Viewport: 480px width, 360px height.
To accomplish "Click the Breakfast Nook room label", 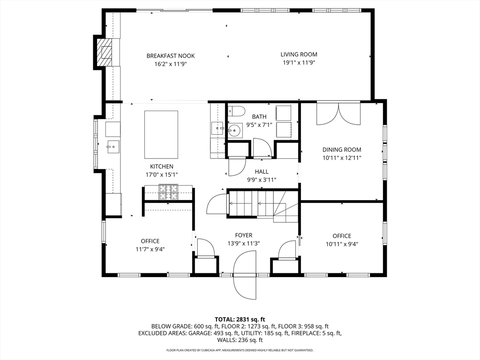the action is point(171,56).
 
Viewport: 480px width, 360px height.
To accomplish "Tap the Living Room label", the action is point(299,54).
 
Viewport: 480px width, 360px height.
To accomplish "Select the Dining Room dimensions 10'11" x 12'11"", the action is point(342,158).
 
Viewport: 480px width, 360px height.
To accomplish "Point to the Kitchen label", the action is point(162,166).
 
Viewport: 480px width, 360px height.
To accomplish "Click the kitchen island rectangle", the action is point(161,135).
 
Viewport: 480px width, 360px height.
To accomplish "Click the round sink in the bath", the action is point(234,131).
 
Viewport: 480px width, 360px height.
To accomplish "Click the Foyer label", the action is point(244,235).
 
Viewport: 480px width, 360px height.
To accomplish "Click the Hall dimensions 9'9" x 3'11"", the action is point(262,180).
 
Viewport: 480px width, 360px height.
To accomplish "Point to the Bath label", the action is point(259,117).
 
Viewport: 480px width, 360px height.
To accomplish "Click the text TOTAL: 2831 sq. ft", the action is point(240,320).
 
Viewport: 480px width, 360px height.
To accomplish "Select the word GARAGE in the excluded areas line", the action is point(199,333).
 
